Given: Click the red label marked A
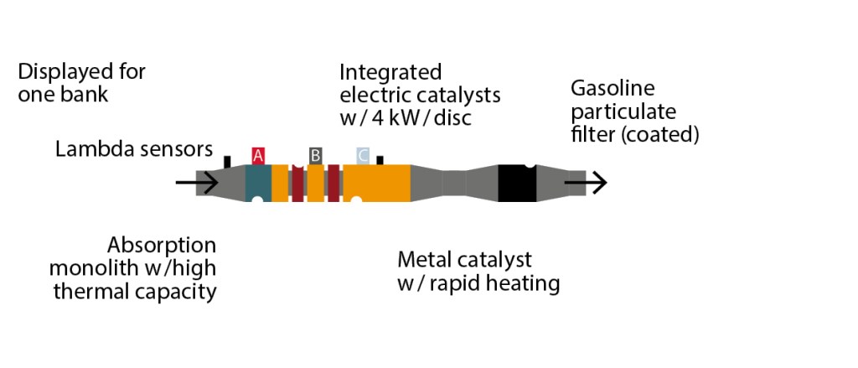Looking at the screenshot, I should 258,155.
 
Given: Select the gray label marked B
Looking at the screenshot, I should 315,155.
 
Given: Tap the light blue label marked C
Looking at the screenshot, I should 363,155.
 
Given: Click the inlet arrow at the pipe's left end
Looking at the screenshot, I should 197,182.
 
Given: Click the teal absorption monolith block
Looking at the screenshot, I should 258,183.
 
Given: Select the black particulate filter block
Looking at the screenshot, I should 517,183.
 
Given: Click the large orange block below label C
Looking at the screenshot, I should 381,183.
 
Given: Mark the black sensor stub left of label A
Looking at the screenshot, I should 227,160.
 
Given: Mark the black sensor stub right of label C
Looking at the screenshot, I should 380,159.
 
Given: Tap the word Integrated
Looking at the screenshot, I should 390,71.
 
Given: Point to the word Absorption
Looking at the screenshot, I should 162,246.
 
